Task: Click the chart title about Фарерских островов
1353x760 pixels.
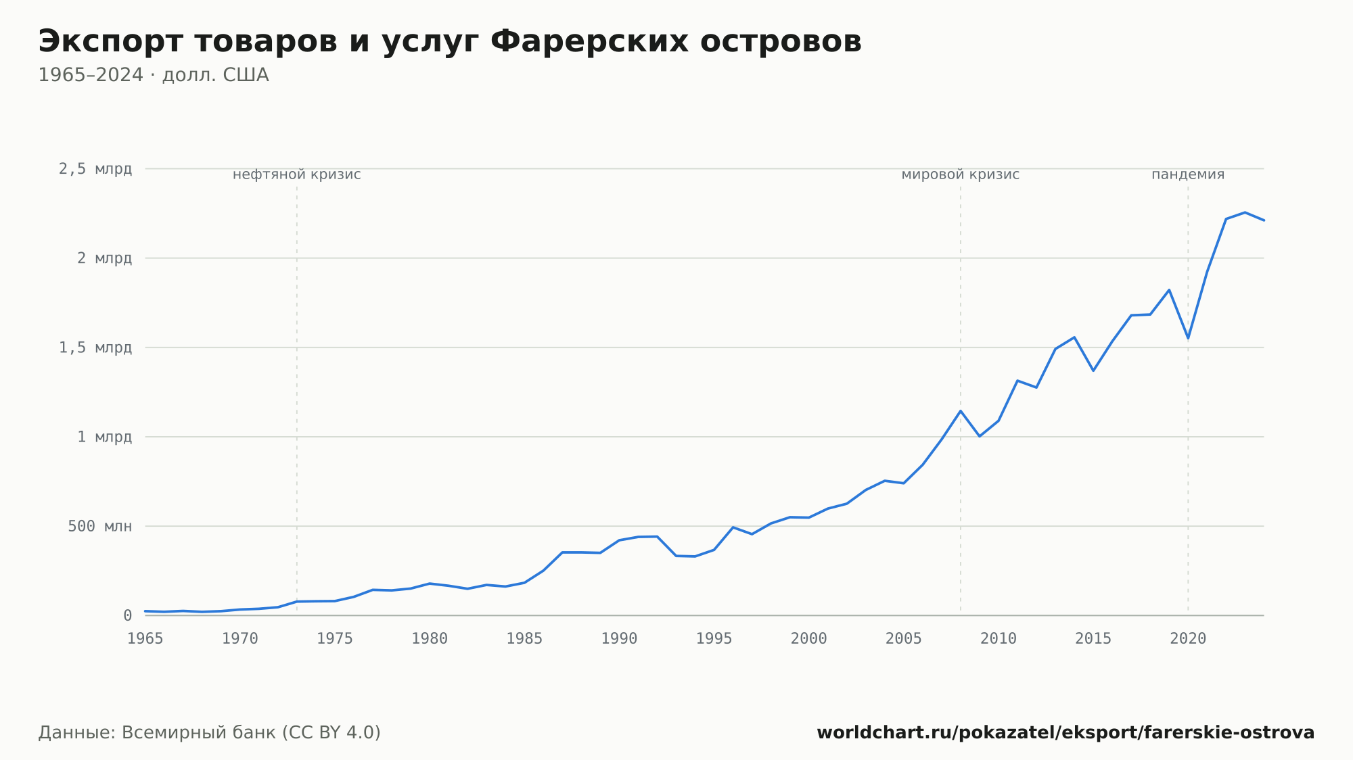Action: pyautogui.click(x=450, y=42)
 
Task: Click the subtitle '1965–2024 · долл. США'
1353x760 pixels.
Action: pyautogui.click(x=154, y=75)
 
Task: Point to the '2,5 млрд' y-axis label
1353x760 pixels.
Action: pyautogui.click(x=95, y=169)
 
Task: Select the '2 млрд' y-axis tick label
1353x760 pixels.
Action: pyautogui.click(x=104, y=258)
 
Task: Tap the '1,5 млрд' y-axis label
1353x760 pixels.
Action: pyautogui.click(x=95, y=348)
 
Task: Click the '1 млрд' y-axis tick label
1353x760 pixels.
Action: pyautogui.click(x=104, y=437)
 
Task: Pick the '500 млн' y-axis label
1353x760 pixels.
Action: pyautogui.click(x=100, y=526)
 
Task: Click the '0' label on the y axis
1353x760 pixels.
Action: pyautogui.click(x=127, y=615)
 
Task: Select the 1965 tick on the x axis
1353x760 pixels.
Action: pyautogui.click(x=145, y=639)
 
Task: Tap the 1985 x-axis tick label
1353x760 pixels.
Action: pyautogui.click(x=524, y=639)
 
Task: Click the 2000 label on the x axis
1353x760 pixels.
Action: pyautogui.click(x=809, y=639)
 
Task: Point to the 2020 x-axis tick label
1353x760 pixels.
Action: pyautogui.click(x=1188, y=639)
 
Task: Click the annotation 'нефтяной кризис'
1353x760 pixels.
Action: pyautogui.click(x=297, y=174)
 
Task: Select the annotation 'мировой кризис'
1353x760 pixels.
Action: pyautogui.click(x=961, y=174)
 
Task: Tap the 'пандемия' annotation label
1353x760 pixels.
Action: pyautogui.click(x=1188, y=174)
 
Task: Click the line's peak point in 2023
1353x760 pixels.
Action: pyautogui.click(x=1245, y=212)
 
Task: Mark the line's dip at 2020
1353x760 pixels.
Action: pyautogui.click(x=1188, y=338)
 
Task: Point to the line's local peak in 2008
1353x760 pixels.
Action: pyautogui.click(x=961, y=411)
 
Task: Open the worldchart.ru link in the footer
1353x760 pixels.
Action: pyautogui.click(x=1065, y=732)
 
